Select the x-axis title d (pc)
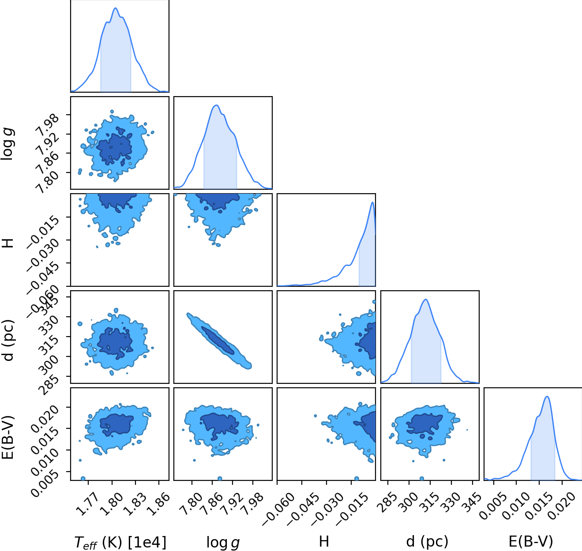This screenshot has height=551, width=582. point(427,542)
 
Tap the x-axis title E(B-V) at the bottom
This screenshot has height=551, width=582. point(530,542)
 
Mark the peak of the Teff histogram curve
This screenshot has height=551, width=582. point(116,8)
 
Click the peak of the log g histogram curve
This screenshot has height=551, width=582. point(216,105)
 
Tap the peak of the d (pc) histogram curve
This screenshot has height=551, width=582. point(426,300)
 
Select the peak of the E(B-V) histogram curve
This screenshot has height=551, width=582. point(547,397)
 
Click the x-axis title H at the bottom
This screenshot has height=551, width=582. point(324,542)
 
